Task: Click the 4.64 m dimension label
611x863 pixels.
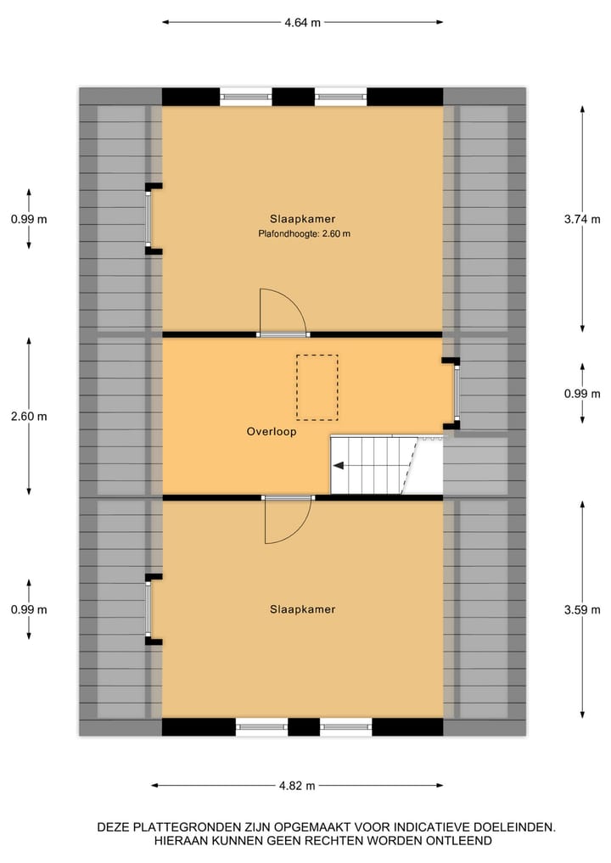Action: coord(302,23)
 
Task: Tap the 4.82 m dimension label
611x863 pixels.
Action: coord(298,786)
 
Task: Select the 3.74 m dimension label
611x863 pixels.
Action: coord(583,218)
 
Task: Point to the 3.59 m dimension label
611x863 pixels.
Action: coord(583,609)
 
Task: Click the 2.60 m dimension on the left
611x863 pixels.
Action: coord(29,417)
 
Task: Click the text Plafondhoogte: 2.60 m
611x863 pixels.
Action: coord(305,233)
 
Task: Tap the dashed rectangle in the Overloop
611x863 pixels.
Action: coord(317,387)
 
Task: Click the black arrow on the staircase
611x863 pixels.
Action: coord(339,465)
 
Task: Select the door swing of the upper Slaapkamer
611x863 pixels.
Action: coord(282,311)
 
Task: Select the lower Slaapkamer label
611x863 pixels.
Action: coord(303,609)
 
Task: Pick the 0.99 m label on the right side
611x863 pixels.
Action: coord(583,394)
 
